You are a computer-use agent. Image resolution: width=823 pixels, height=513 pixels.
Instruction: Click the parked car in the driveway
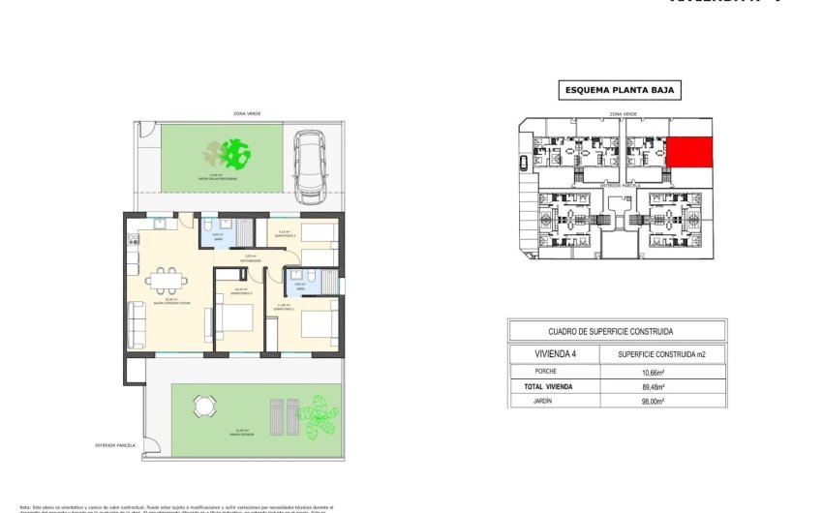point(311,166)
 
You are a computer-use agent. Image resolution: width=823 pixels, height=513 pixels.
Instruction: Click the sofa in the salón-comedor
point(137,324)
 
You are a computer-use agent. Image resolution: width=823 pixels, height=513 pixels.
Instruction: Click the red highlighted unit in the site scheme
point(688,152)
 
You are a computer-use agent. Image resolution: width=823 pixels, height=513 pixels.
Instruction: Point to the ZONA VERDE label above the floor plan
point(247,113)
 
